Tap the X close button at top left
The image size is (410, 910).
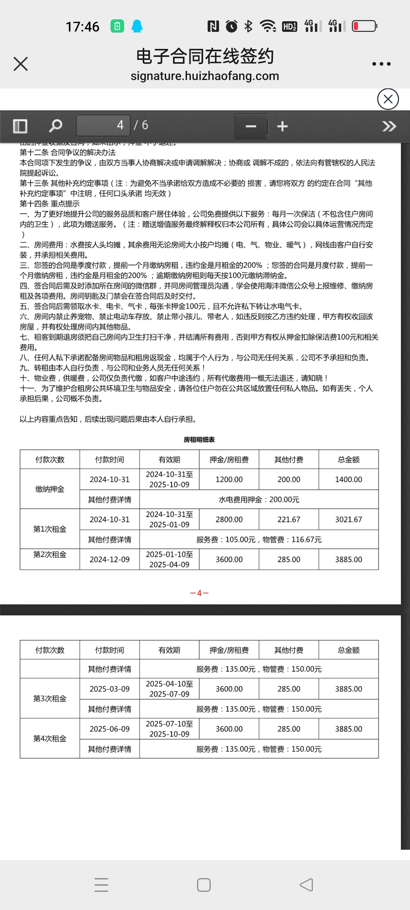[x=20, y=64]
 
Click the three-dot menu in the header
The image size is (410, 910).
[x=381, y=64]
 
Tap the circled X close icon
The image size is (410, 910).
[x=388, y=99]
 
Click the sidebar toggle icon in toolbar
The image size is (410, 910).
[x=20, y=126]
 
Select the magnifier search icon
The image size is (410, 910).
[x=55, y=126]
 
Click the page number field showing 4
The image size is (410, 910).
[x=103, y=125]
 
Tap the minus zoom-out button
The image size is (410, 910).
[x=251, y=126]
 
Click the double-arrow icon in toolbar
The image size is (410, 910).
[x=389, y=126]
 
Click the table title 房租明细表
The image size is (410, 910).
[x=199, y=439]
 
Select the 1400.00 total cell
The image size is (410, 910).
[x=348, y=480]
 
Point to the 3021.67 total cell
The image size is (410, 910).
[x=348, y=519]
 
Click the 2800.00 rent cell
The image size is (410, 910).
[x=229, y=519]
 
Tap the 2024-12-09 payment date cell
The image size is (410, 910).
[x=109, y=560]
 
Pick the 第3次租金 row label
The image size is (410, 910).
[x=50, y=698]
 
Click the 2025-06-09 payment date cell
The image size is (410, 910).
[x=109, y=729]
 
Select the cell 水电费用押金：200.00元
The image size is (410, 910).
[x=259, y=500]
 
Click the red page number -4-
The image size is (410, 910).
[x=199, y=593]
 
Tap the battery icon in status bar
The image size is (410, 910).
[x=364, y=26]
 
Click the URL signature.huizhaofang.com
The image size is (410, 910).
[x=205, y=76]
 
